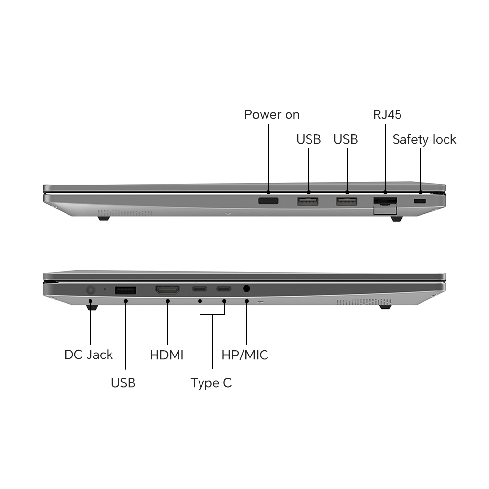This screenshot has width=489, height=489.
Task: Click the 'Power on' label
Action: [271, 115]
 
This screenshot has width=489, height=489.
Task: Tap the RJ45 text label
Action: [387, 114]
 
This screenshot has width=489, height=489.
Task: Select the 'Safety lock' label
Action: [424, 140]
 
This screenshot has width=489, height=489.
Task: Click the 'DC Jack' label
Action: [88, 355]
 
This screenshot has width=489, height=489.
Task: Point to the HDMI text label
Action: [167, 355]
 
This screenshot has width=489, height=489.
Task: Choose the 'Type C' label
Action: [211, 383]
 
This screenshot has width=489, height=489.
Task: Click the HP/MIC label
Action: [245, 355]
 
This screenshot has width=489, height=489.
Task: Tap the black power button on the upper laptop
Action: [268, 201]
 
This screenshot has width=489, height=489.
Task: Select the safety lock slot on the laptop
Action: [420, 201]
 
